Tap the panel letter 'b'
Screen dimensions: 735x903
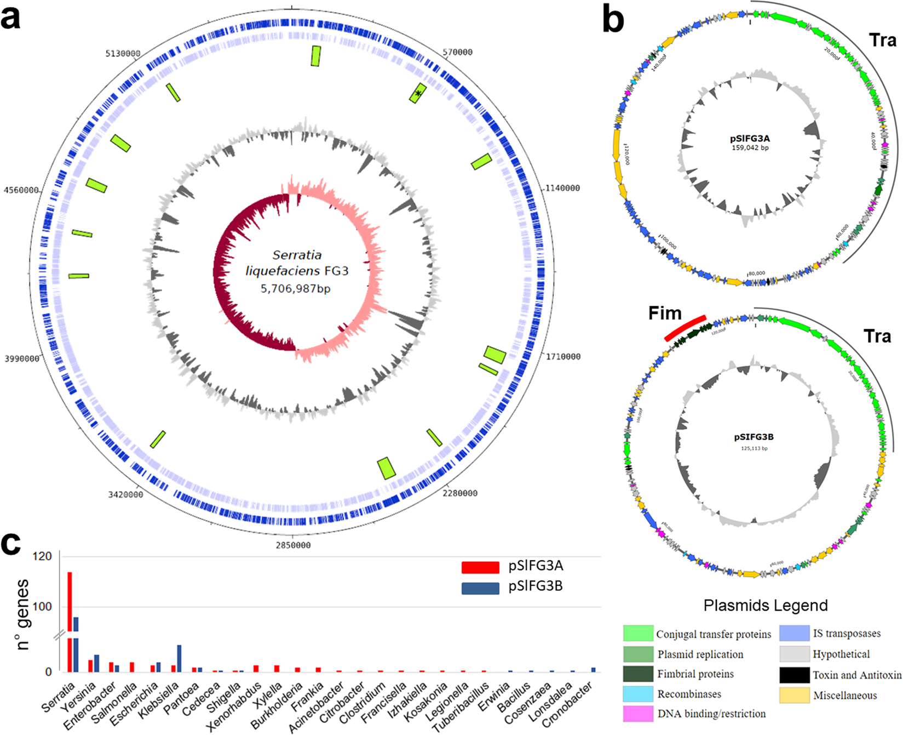pyautogui.click(x=613, y=20)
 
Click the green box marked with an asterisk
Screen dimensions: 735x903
pyautogui.click(x=418, y=94)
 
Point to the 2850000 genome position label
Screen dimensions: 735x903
pyautogui.click(x=292, y=545)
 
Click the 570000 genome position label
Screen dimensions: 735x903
pyautogui.click(x=457, y=52)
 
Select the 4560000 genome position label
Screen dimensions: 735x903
pyautogui.click(x=22, y=190)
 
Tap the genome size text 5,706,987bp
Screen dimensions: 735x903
pyautogui.click(x=296, y=289)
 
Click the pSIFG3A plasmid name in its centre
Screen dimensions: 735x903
pyautogui.click(x=750, y=139)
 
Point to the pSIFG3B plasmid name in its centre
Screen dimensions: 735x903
pyautogui.click(x=754, y=437)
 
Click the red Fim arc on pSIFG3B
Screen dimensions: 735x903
pyautogui.click(x=685, y=328)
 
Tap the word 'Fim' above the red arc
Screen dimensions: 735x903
pyautogui.click(x=665, y=313)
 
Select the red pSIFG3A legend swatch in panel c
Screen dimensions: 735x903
pyautogui.click(x=480, y=567)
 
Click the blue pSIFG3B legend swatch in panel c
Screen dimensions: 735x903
pyautogui.click(x=480, y=588)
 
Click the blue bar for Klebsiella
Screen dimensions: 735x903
pyautogui.click(x=179, y=658)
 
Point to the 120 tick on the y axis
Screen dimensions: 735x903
pyautogui.click(x=42, y=556)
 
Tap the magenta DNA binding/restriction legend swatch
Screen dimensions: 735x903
pyautogui.click(x=638, y=714)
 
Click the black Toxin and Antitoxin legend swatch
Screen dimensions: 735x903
pyautogui.click(x=795, y=675)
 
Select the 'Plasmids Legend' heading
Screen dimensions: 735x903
pyautogui.click(x=766, y=606)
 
